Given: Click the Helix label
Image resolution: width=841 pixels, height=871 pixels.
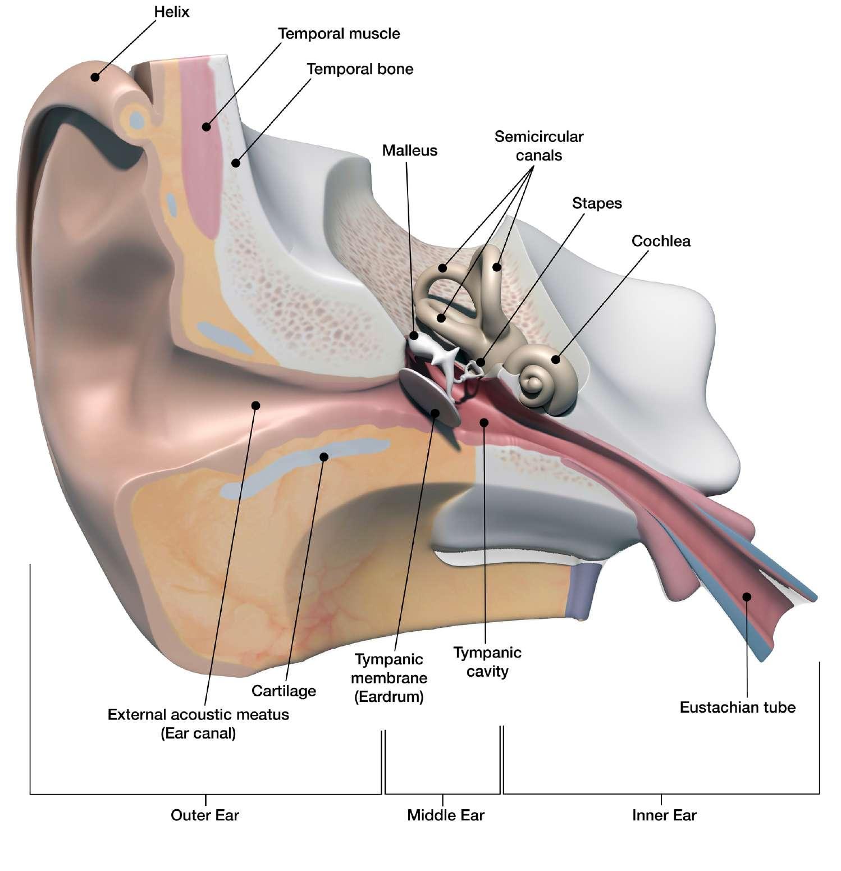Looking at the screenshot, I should pos(171,11).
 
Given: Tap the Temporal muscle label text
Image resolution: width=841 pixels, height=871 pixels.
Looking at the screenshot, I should pos(339,34).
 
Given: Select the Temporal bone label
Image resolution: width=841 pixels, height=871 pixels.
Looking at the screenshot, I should pos(360,69).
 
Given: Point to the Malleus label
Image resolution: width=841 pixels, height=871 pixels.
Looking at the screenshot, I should pos(409,151).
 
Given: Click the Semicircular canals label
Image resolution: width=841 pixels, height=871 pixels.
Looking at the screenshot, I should pos(538,145).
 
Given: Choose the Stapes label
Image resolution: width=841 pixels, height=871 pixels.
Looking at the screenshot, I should pos(597,203).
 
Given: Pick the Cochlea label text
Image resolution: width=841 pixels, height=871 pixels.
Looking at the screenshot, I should pos(661,241).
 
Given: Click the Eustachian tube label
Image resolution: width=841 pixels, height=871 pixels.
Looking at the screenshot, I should pos(737,707).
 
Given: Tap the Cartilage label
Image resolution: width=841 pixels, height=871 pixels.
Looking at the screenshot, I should pos(284,691).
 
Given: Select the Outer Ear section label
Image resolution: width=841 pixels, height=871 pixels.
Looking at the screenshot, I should pos(205,815).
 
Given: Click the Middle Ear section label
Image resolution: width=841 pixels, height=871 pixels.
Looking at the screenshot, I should pos(445,815).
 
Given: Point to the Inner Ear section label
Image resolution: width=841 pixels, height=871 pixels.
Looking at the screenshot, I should pos(664,815).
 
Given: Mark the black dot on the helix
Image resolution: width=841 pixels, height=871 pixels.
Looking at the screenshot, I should pos(95,77).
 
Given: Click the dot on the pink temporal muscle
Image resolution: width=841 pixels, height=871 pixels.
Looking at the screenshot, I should pos(207,127).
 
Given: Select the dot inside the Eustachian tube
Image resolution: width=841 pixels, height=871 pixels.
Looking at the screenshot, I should pos(747,596).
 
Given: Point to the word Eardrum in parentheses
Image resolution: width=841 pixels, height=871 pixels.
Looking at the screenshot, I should pos(388,697).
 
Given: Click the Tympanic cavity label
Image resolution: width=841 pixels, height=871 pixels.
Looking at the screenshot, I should pos(487,662).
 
